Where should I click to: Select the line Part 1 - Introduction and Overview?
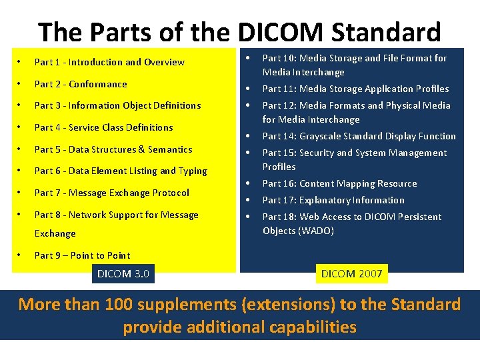109,62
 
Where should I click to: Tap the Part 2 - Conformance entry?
80,84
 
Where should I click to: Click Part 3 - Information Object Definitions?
117,105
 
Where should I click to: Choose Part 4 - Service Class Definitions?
103,127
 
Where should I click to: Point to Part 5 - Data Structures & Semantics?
113,149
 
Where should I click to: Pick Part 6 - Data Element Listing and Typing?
121,171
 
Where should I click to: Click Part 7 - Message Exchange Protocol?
111,193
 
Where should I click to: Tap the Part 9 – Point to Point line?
82,255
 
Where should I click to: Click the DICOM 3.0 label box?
123,273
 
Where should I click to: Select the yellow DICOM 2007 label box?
351,273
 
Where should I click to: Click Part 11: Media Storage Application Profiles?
355,89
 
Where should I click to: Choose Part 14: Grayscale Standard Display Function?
359,136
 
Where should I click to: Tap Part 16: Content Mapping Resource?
339,183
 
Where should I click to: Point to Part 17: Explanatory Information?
333,200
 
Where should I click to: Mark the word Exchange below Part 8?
55,233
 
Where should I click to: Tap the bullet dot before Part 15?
247,153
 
